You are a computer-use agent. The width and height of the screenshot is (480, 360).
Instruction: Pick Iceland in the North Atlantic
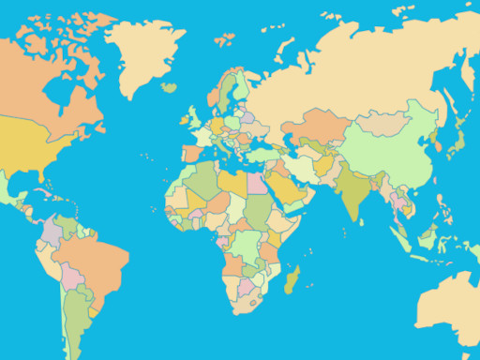169,87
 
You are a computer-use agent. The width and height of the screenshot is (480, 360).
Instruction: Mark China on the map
384,155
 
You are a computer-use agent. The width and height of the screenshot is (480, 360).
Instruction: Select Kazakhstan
323,127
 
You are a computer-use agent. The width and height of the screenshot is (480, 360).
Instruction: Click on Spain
191,150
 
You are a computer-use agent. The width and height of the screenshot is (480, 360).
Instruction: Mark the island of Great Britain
196,116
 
